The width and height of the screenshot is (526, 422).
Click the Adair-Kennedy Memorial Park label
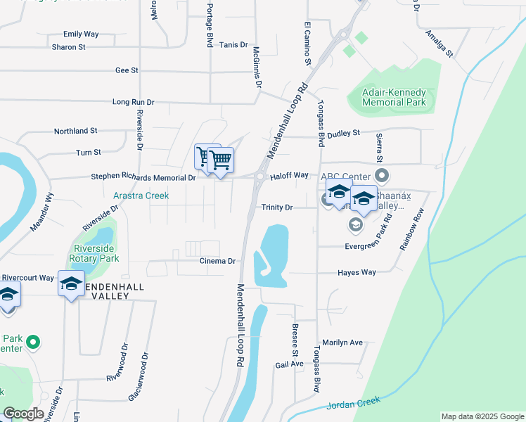tap(394, 97)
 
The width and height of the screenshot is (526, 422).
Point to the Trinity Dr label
tap(276, 207)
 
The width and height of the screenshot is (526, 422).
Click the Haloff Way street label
tap(290, 175)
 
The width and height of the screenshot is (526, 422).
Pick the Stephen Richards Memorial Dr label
tap(143, 178)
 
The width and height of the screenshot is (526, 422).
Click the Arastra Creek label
tap(141, 196)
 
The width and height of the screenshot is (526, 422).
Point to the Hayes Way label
tap(357, 272)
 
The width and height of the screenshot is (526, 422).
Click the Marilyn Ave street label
tap(344, 343)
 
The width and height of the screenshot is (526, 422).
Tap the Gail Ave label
tap(289, 364)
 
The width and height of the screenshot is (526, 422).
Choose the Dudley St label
tap(344, 132)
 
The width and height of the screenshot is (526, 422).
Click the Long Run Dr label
tap(132, 102)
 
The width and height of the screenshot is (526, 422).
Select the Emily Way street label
tap(81, 34)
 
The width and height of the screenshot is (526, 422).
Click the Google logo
tap(23, 414)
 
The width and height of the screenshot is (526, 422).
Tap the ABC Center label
tap(345, 176)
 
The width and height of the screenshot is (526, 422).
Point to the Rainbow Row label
tap(413, 231)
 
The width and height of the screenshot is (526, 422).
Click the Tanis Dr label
tap(233, 44)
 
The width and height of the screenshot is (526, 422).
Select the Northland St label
tap(76, 131)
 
